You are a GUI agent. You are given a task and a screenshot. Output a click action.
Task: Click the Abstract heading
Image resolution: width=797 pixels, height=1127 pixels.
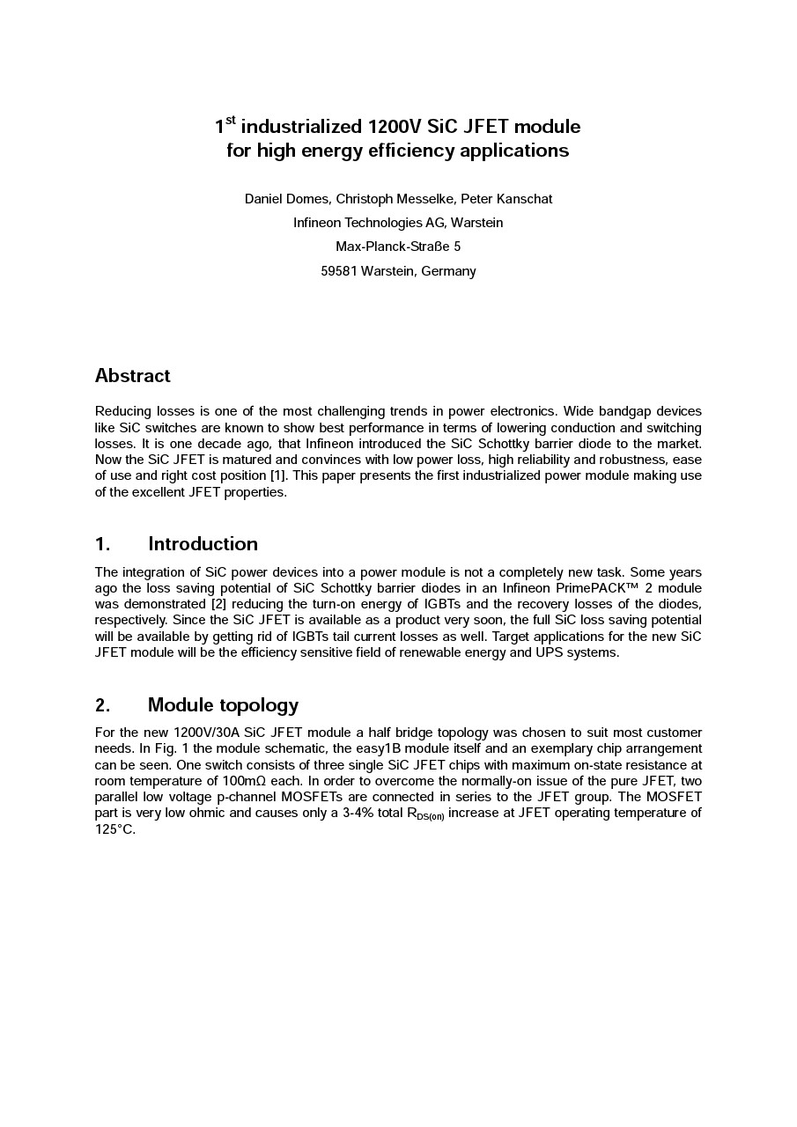132,376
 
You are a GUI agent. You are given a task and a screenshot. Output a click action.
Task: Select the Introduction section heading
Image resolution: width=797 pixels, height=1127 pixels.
203,543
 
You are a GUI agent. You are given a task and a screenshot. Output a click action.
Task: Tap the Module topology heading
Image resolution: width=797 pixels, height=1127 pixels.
223,705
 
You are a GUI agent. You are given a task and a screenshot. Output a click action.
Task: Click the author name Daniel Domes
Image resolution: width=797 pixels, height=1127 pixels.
286,199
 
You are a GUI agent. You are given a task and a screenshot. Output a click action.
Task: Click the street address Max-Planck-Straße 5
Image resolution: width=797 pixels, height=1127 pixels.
398,247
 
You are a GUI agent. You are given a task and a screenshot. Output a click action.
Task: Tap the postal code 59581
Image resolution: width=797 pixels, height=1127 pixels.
339,271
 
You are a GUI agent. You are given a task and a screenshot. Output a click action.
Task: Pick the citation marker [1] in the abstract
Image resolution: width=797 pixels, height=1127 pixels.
278,476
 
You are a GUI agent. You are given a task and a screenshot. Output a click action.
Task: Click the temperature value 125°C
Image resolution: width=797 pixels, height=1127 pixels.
114,829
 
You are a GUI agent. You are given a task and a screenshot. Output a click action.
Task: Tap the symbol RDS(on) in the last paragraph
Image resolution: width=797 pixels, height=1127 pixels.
424,814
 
